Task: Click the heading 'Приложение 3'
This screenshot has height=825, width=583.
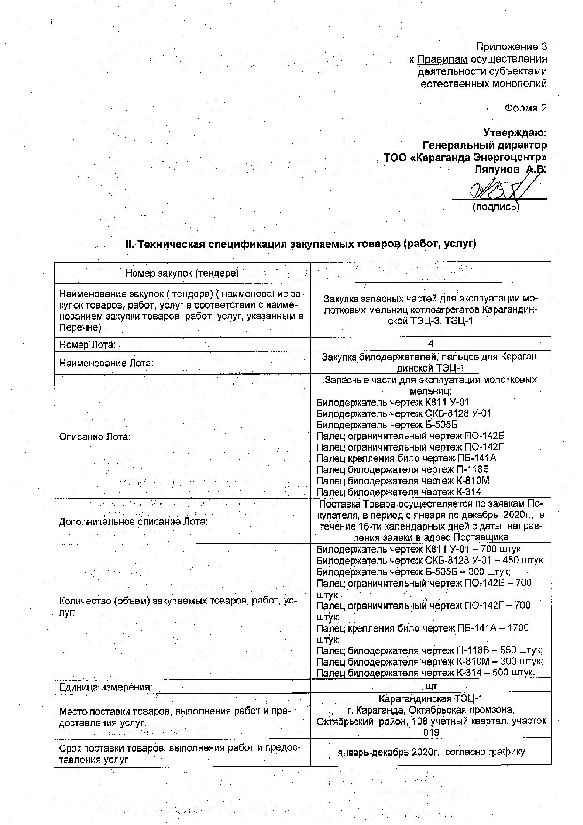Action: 512,47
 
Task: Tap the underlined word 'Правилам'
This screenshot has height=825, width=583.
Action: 442,59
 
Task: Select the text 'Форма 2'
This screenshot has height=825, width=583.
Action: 526,108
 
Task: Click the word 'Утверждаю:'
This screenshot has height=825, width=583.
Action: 515,133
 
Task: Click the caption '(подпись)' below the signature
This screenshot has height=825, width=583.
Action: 496,206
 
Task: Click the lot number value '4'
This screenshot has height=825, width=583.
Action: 431,344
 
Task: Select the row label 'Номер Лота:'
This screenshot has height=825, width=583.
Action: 87,345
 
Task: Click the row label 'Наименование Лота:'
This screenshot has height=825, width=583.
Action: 106,363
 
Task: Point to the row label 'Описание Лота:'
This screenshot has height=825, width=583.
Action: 95,436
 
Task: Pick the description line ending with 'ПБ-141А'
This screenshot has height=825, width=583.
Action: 406,458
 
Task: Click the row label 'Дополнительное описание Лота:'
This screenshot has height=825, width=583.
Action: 134,522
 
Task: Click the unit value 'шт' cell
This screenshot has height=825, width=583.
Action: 431,687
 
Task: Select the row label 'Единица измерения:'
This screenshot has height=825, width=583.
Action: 106,687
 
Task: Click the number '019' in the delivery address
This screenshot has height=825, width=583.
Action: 431,733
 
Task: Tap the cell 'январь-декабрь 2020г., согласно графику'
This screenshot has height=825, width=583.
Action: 431,752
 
